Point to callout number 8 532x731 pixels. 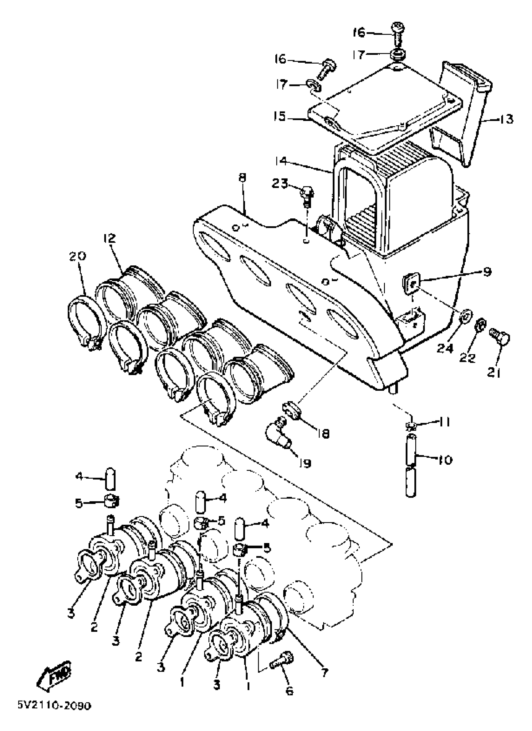pos(242,178)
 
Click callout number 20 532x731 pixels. pos(77,256)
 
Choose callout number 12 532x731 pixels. pos(110,239)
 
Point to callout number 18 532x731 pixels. pos(324,434)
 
